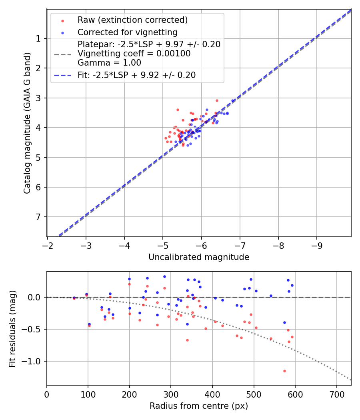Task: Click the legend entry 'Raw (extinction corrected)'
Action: point(132,20)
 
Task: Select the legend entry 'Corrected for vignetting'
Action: point(128,32)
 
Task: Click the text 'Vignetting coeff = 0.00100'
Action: point(134,54)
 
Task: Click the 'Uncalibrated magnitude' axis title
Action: point(199,257)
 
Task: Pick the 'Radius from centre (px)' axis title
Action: point(199,406)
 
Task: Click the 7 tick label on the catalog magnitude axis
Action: point(39,217)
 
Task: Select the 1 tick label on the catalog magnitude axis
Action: point(39,38)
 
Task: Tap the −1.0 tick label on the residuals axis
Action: point(34,361)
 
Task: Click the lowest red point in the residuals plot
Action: point(284,371)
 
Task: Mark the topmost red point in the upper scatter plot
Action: point(217,100)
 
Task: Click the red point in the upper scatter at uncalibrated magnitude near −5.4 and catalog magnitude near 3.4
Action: point(178,110)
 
